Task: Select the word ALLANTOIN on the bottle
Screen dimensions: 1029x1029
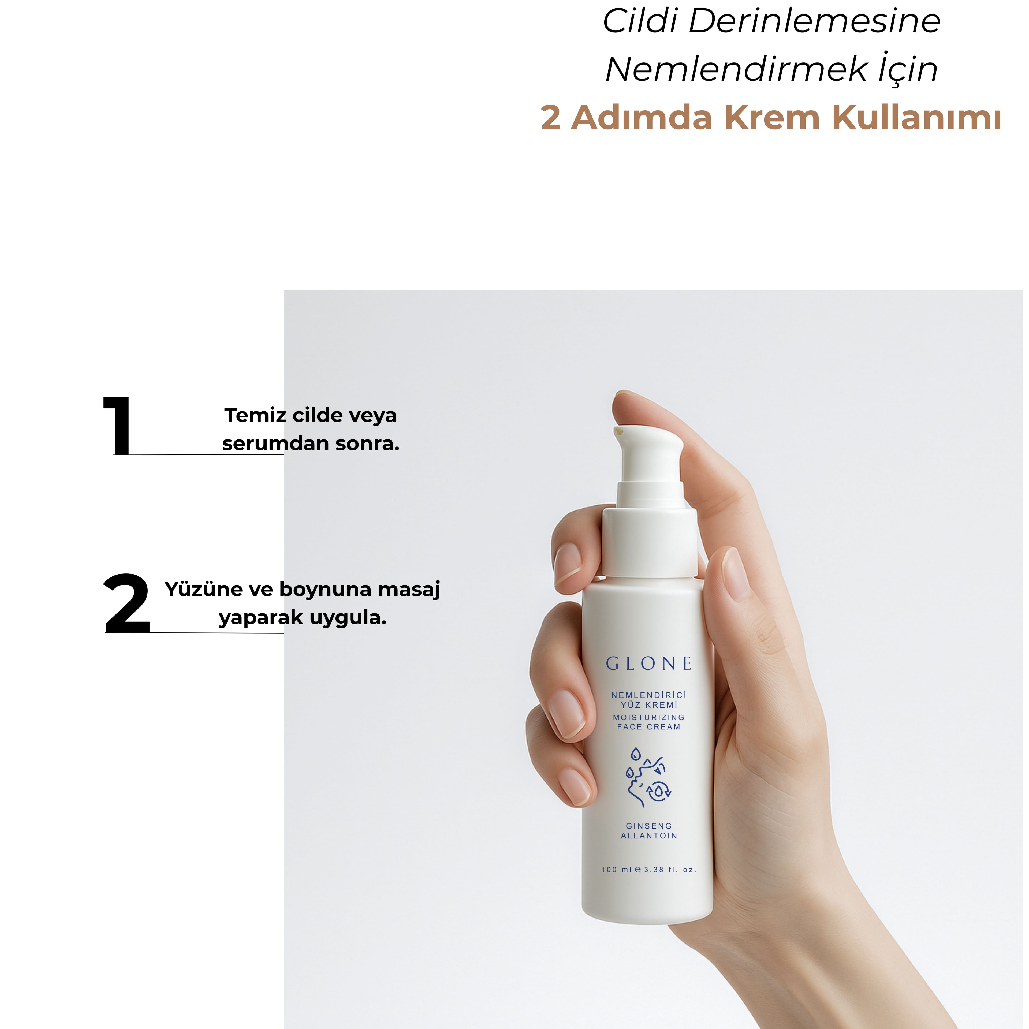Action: coord(649,836)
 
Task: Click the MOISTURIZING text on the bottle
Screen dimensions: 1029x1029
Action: coord(649,717)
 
